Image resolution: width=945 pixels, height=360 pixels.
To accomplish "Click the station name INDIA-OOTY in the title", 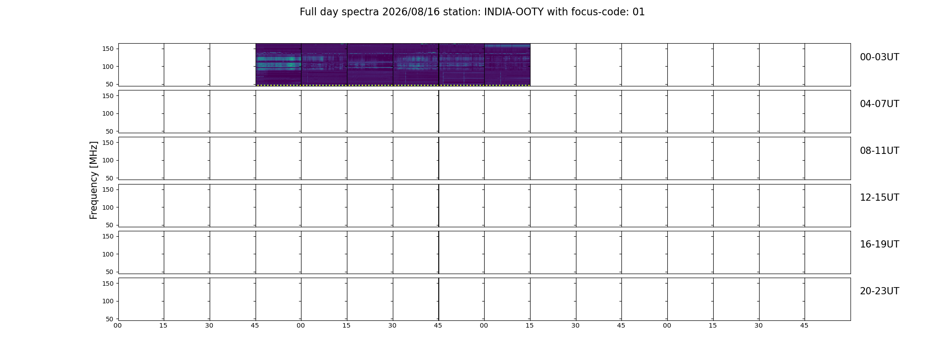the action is [513, 12].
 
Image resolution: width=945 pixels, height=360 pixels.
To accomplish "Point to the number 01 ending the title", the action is [639, 12].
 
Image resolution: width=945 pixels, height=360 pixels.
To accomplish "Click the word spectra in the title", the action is [360, 13].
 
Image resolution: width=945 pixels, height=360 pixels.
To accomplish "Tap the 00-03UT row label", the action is [879, 57].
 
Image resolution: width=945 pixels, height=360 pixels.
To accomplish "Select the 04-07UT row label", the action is [879, 104].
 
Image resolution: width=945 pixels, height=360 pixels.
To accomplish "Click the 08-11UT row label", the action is [879, 151].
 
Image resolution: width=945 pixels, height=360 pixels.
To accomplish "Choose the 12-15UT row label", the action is [879, 198].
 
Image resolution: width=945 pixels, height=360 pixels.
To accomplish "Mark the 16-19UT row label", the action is [879, 244].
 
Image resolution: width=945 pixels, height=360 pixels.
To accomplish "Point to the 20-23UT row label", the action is [879, 291].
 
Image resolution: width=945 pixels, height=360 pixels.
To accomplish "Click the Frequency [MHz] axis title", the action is [94, 180].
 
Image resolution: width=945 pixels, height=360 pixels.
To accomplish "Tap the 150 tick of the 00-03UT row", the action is [108, 49].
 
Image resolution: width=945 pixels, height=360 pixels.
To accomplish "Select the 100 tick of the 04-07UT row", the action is [108, 114].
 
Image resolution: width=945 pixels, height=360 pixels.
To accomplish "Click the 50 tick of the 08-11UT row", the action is [110, 178].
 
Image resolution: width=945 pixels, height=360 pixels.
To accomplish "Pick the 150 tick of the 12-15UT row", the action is [108, 189].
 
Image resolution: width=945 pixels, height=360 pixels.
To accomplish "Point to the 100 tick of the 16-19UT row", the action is [108, 254].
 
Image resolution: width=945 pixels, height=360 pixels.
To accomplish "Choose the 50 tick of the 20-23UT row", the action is [110, 319].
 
